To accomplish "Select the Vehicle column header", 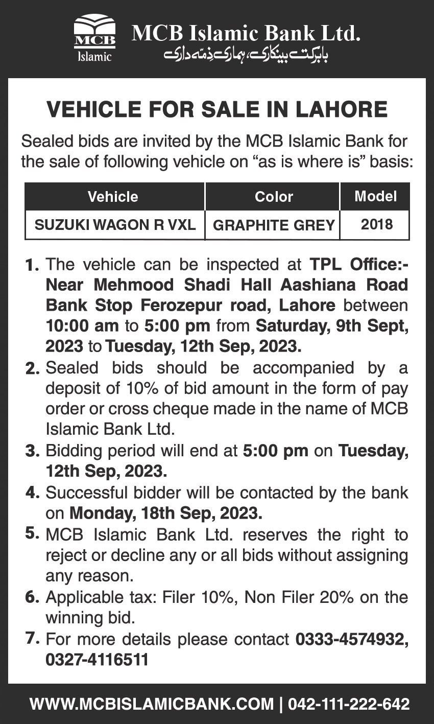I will (x=113, y=197).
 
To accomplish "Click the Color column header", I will (x=274, y=197).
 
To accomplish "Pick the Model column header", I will (x=375, y=196).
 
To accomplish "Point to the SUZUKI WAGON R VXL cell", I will (x=115, y=225).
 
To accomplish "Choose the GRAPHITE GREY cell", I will (x=274, y=225).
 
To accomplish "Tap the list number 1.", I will (x=32, y=266).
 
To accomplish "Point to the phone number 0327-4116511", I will (x=97, y=660).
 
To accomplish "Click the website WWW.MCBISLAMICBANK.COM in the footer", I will (x=152, y=704).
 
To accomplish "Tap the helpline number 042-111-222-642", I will (x=349, y=704).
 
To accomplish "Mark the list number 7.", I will (x=32, y=639).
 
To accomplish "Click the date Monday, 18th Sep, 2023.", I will (x=166, y=512).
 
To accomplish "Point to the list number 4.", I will (x=32, y=493).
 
